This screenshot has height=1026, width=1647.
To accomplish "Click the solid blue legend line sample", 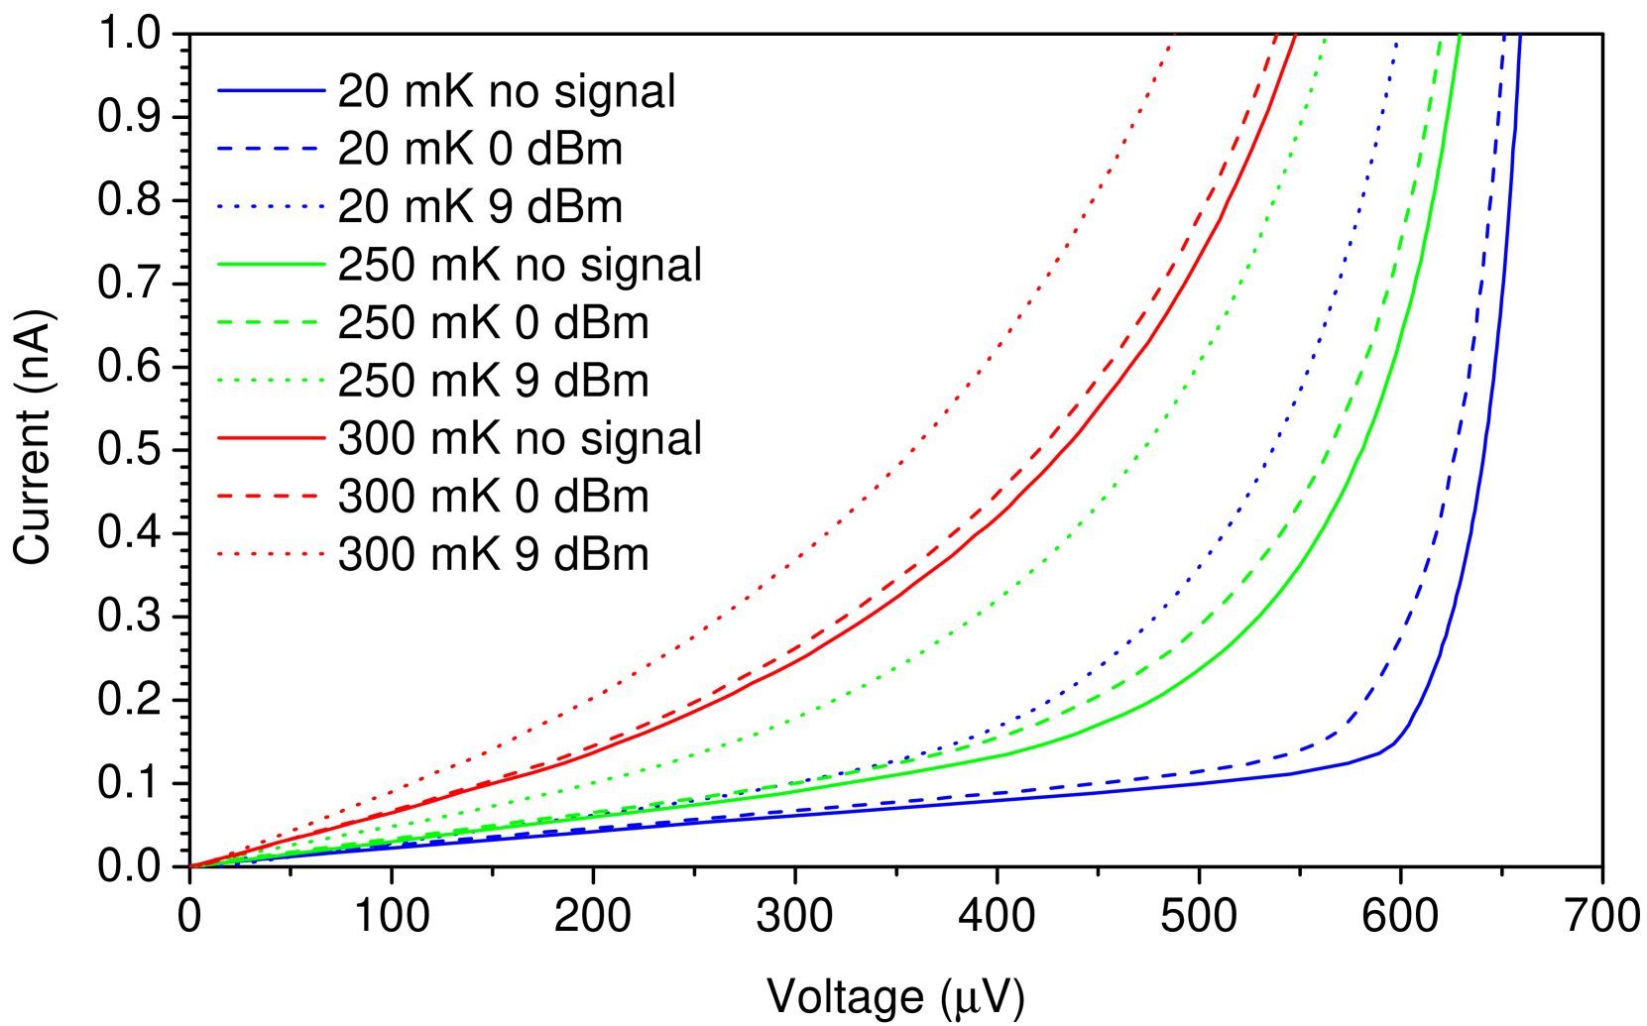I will coord(272,90).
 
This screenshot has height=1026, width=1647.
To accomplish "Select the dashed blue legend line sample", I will coord(269,148).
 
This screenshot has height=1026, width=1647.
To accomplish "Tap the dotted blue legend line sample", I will coord(272,206).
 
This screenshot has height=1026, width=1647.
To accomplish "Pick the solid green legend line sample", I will coord(272,264).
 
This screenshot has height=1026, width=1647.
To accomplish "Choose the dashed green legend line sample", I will coord(269,322).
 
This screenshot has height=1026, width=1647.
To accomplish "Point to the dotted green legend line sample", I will coord(272,380).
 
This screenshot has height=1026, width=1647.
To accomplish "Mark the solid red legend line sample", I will coord(272,437).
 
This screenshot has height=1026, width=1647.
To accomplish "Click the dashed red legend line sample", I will coord(269,496).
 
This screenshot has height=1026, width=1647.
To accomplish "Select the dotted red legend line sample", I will coord(272,553).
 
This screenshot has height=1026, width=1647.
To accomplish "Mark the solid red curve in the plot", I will coord(1150,342).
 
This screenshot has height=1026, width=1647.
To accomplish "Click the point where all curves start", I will coord(191,865).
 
